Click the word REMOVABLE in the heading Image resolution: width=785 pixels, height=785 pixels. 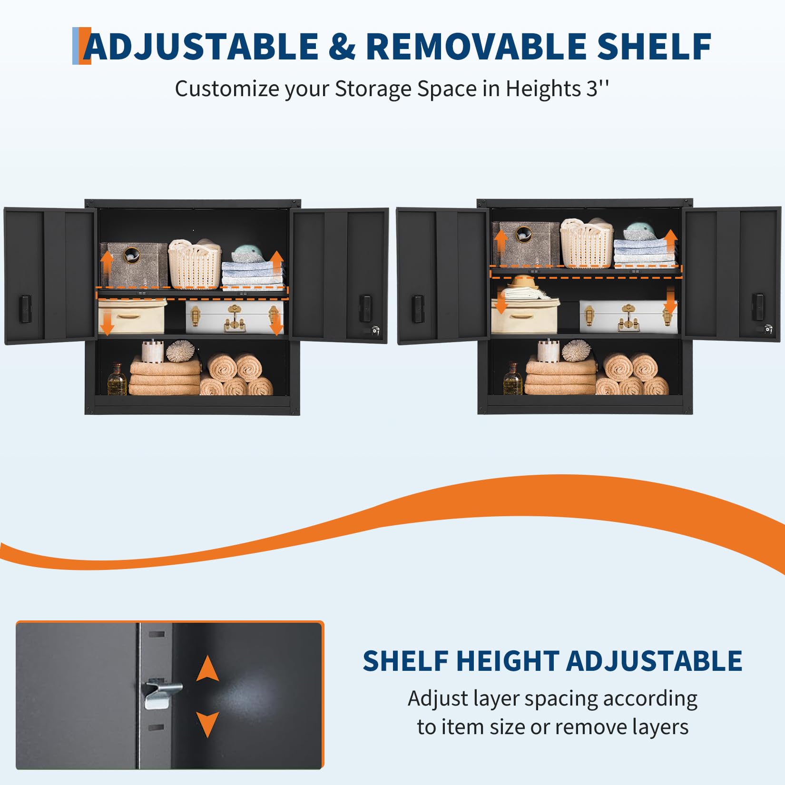tap(476, 46)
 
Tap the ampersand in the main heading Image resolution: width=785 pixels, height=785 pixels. tap(342, 46)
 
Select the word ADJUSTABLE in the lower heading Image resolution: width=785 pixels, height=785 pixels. tap(654, 661)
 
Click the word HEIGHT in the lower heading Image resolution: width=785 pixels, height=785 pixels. tap(507, 661)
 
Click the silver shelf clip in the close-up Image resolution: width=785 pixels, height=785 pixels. tap(162, 694)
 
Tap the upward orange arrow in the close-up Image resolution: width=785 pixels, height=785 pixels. tap(207, 668)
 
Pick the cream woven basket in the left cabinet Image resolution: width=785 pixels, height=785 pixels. tap(195, 264)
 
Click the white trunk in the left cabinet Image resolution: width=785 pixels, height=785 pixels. tap(234, 317)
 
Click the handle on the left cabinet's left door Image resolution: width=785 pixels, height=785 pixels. tap(25, 303)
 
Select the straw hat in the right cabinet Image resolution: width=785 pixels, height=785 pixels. tap(525, 284)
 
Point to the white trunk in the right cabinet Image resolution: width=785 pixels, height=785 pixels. tap(628, 316)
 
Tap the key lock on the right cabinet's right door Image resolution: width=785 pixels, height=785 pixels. tap(768, 329)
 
